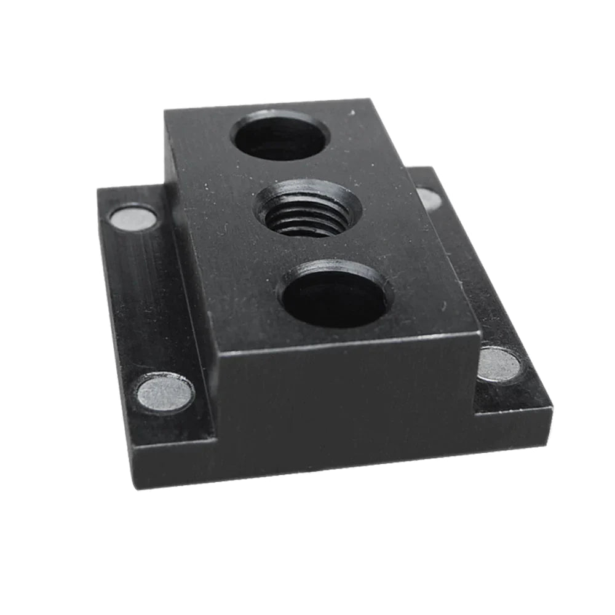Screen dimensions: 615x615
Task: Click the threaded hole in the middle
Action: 308,209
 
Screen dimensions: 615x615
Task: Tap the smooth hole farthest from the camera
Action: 280,135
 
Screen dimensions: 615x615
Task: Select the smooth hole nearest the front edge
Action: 336,295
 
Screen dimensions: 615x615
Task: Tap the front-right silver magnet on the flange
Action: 498,364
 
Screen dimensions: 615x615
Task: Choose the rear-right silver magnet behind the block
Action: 429,198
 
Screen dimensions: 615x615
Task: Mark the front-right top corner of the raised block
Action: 479,332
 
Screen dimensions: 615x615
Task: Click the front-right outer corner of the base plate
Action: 551,407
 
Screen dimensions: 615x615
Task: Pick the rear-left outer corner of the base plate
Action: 98,189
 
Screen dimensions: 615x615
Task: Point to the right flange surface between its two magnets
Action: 467,277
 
